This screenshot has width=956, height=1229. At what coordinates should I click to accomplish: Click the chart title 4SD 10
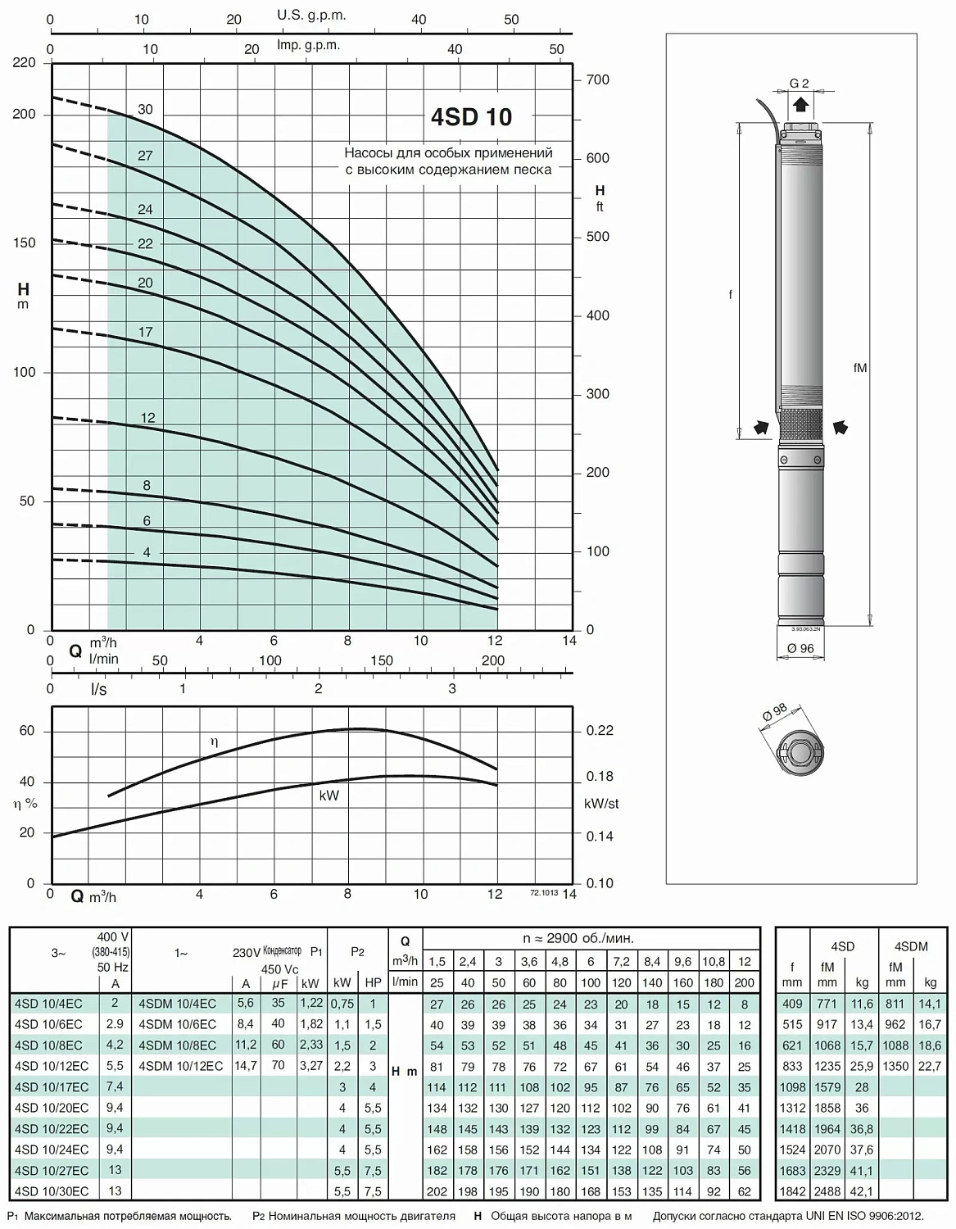point(471,116)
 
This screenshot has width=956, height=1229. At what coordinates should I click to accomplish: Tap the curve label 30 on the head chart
point(145,109)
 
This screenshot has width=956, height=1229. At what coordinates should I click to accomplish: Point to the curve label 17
point(145,332)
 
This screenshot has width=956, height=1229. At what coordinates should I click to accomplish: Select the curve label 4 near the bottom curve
point(147,552)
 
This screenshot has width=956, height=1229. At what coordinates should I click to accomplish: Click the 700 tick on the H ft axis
point(598,79)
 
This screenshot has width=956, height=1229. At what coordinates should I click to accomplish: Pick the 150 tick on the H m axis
point(25,243)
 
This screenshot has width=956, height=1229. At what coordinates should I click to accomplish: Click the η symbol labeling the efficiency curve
point(215,741)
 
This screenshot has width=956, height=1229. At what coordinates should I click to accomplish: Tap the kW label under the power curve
point(328,796)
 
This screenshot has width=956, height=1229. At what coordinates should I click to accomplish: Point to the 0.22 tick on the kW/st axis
point(600,730)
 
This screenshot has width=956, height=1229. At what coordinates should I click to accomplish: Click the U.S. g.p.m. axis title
point(311,15)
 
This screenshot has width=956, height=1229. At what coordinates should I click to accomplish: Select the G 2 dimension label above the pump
point(800,83)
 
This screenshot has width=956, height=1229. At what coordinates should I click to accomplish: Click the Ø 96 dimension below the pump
point(800,648)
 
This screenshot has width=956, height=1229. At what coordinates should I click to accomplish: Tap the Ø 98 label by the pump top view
point(774,712)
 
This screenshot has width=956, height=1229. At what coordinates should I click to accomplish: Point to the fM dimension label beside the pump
point(859,368)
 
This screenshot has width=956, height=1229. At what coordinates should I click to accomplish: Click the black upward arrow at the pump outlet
point(800,105)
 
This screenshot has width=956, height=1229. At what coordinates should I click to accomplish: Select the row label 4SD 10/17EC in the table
point(52,1087)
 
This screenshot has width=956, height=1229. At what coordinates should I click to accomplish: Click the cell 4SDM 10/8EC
point(177,1045)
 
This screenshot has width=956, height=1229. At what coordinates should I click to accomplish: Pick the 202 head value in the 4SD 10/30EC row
point(437,1191)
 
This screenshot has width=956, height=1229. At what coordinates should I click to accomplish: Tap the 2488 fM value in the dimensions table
point(827,1191)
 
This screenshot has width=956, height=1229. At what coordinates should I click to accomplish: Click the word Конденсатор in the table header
point(282,950)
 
